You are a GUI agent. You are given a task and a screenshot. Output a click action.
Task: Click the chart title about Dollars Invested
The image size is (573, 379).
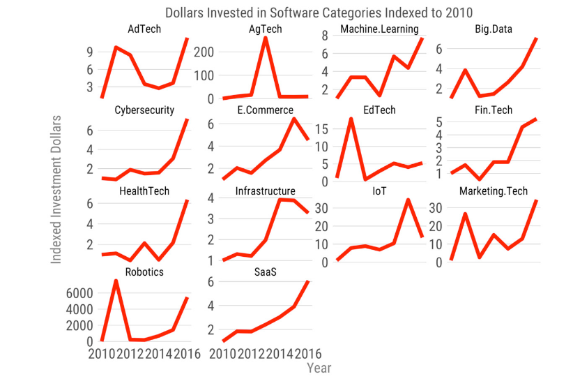click(x=308, y=13)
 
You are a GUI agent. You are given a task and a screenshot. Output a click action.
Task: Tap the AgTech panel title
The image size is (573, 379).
click(x=265, y=29)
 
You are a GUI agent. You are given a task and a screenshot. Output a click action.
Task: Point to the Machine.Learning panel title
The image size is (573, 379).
click(x=379, y=29)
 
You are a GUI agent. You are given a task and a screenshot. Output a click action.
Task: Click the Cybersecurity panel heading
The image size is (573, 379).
click(x=144, y=110)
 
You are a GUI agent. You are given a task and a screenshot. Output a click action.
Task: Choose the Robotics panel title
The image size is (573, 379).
click(x=144, y=272)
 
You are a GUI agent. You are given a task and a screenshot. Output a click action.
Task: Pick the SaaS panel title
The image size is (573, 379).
click(x=265, y=272)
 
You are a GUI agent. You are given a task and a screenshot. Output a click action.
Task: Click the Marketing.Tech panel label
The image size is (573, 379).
click(x=494, y=191)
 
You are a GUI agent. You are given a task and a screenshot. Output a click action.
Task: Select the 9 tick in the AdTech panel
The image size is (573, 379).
click(x=91, y=52)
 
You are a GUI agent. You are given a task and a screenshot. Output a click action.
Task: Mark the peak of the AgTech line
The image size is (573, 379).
click(x=266, y=37)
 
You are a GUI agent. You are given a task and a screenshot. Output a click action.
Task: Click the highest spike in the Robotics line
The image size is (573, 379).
click(x=116, y=281)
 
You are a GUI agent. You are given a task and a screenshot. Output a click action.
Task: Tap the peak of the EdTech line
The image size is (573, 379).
click(x=351, y=119)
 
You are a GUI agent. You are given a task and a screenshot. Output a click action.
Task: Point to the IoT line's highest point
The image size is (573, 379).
click(x=408, y=200)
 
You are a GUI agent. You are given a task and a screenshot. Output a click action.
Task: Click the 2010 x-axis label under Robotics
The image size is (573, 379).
click(x=102, y=355)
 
